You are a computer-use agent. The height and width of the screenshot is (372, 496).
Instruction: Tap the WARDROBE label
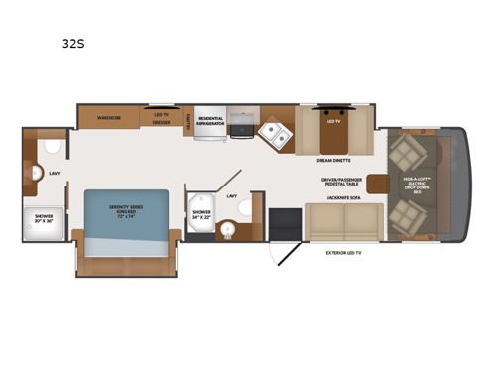click(108, 117)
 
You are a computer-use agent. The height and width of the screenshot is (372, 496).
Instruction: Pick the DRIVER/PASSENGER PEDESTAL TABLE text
click(339, 184)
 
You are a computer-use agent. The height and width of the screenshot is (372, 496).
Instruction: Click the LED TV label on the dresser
click(160, 115)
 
